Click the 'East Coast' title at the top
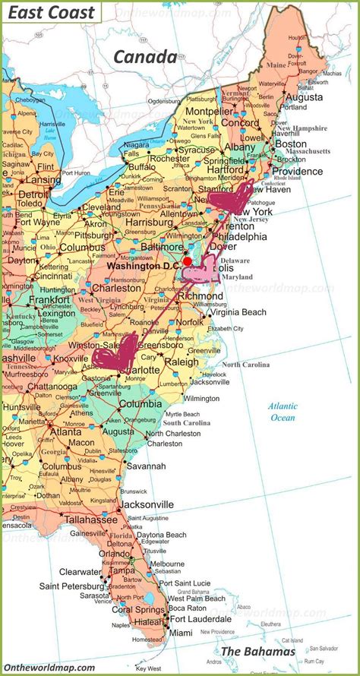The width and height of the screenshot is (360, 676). coord(52,12)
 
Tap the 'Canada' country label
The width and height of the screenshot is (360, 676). coord(145,56)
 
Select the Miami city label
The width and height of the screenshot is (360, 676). coord(181,633)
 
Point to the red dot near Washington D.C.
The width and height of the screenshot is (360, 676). coord(188,261)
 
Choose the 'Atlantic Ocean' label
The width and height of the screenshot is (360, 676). coord(283,412)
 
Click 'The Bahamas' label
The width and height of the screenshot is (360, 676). coord(257,652)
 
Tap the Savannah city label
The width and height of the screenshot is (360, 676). coord(147,466)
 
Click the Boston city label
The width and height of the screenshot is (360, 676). coord(291,144)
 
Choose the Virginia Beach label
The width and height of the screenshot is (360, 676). coord(238,312)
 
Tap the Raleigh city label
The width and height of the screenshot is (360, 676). coord(182,362)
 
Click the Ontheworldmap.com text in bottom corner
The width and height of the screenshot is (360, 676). coord(49,668)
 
